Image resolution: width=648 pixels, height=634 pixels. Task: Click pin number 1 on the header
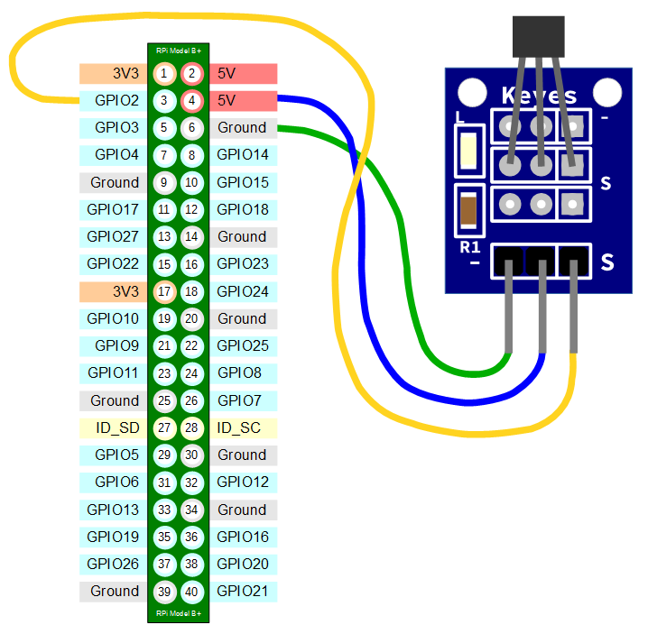click(163, 73)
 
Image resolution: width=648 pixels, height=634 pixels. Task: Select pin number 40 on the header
click(191, 592)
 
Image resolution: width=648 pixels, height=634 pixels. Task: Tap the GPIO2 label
click(116, 100)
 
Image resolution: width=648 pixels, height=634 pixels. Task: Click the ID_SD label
click(116, 427)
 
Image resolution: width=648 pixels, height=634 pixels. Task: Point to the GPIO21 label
click(243, 592)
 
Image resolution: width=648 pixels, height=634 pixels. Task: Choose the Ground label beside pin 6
click(242, 127)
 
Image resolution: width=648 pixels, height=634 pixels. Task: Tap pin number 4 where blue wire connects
click(191, 100)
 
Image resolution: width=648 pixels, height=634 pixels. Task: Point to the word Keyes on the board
click(539, 95)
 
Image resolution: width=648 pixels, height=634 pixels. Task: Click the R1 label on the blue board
click(469, 246)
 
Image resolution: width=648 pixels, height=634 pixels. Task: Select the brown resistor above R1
click(468, 210)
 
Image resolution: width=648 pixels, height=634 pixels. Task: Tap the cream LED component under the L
click(468, 149)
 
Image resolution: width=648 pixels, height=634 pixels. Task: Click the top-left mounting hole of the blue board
click(470, 91)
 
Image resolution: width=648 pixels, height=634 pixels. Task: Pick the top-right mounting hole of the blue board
click(608, 91)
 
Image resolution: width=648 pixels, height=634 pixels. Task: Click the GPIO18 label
click(243, 209)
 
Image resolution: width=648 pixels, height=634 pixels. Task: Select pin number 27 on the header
click(163, 427)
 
